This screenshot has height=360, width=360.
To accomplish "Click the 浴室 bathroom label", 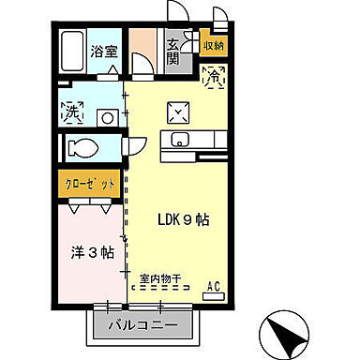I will tap(103, 52).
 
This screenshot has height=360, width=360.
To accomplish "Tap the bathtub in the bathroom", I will tap(73, 52).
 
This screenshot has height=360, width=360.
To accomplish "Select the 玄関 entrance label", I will tap(174, 51).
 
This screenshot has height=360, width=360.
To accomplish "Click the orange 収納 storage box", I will tap(214, 44).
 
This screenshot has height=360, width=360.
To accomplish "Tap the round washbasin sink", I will tap(108, 117).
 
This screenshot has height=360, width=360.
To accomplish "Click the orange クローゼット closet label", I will tap(91, 184).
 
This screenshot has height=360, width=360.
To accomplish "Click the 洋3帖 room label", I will tap(94, 252).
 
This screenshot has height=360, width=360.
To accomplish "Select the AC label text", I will tap(213, 285).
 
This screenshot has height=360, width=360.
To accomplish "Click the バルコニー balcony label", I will tap(145, 327).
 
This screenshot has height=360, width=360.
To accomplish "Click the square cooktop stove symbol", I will tap(179, 113).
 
